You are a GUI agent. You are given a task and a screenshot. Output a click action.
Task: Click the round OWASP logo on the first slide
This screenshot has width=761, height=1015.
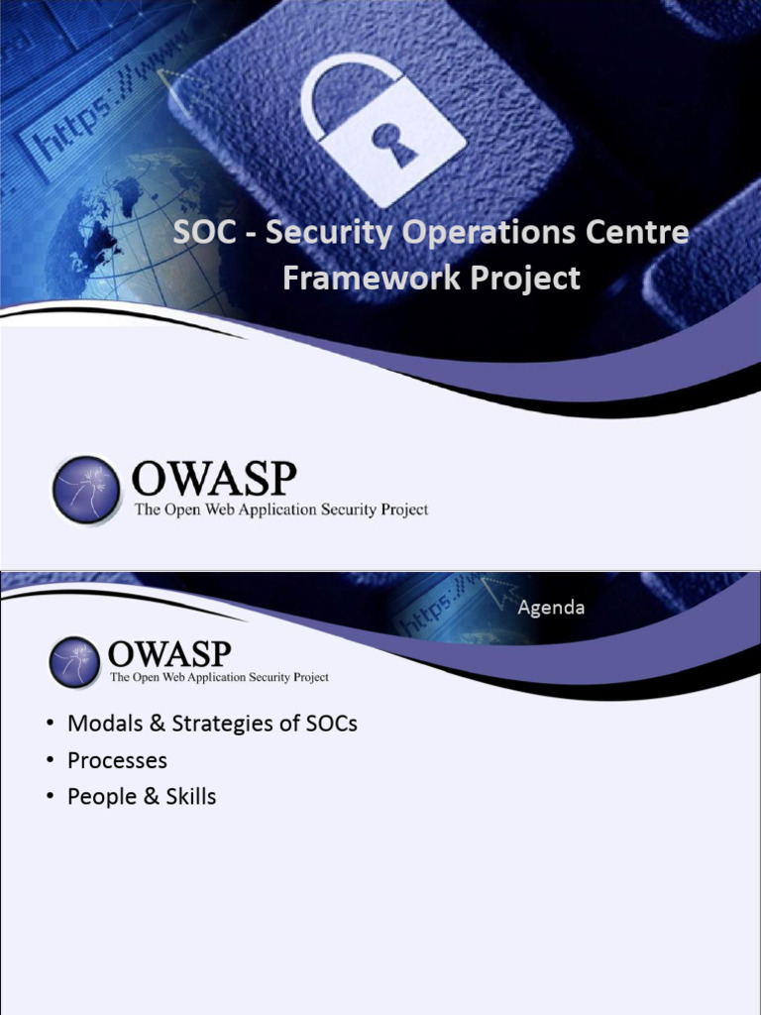click(x=86, y=490)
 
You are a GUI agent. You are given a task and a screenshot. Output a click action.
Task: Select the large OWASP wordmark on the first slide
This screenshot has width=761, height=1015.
click(x=214, y=480)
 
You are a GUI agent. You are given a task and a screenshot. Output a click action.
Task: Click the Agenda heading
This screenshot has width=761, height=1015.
click(x=551, y=608)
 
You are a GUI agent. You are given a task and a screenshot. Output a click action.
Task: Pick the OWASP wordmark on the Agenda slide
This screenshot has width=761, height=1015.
click(x=169, y=654)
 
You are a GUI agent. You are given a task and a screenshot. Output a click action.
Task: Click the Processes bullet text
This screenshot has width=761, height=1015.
click(x=117, y=760)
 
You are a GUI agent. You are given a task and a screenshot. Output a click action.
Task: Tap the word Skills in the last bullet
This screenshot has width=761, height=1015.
click(x=191, y=796)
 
